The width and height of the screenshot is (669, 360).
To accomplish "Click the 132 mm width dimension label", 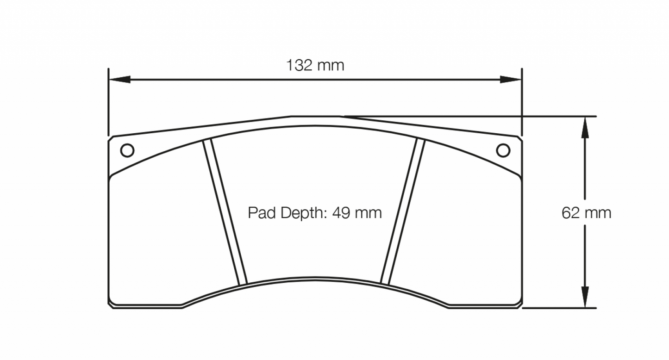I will (315, 65).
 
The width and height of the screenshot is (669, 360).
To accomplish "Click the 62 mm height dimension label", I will (586, 213).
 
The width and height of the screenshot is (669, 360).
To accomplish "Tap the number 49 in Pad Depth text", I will (340, 213).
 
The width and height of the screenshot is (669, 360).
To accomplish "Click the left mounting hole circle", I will (127, 150).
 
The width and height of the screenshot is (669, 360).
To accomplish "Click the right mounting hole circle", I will (503, 150).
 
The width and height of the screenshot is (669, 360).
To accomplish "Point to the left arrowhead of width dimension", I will (119, 80).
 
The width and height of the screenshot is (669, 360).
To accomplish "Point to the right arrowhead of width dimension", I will (511, 80).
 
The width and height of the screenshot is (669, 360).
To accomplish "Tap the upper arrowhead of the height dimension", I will (585, 127).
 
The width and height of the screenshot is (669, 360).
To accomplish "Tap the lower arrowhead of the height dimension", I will (585, 297).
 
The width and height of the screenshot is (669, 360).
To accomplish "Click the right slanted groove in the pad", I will (402, 212).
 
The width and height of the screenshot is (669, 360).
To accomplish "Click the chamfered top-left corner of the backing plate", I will (111, 139).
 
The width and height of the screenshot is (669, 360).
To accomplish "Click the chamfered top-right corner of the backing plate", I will (519, 139).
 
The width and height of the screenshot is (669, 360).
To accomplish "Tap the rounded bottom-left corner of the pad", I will (111, 304).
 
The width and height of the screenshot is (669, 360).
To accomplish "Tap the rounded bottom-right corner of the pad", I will (519, 304).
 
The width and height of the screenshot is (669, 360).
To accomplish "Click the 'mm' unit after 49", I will (369, 213).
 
